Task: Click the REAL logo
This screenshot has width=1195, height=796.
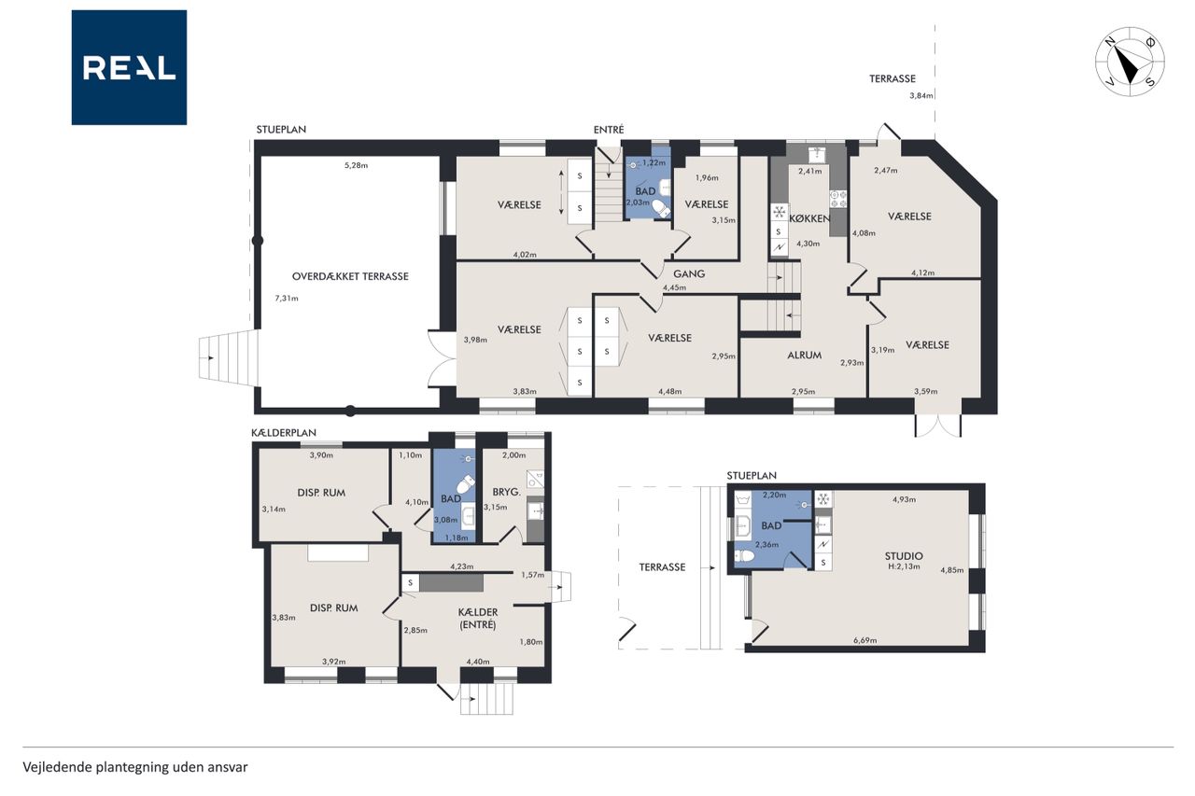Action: coord(129,67)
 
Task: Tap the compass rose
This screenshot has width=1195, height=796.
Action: coord(1130,62)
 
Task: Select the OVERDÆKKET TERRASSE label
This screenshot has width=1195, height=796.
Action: coord(350,276)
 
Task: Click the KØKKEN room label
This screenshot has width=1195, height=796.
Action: coord(809,218)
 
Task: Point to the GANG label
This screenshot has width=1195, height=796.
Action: coord(689,274)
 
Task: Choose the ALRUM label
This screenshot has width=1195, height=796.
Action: coord(805,356)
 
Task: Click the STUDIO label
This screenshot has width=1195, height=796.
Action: coord(904,556)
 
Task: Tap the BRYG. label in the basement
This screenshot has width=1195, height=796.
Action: coord(506,492)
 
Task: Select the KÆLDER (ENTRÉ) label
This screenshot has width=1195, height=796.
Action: coord(478,619)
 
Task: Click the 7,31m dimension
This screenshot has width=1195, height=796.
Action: coord(287,299)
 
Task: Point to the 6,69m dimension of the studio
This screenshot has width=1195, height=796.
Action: coord(865,640)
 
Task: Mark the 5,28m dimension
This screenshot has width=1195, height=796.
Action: coord(356,165)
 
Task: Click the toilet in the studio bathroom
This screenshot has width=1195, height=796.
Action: coord(745,556)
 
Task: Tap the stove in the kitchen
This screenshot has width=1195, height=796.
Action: coord(837,199)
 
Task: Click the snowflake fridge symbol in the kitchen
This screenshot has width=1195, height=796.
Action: coord(779,212)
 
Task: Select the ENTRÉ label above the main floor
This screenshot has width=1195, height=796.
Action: coord(609,130)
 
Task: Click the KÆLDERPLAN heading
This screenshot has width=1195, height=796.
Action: coord(283,433)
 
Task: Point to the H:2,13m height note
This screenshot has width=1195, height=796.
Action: coord(904,566)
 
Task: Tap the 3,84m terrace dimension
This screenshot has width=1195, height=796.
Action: coord(921,96)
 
